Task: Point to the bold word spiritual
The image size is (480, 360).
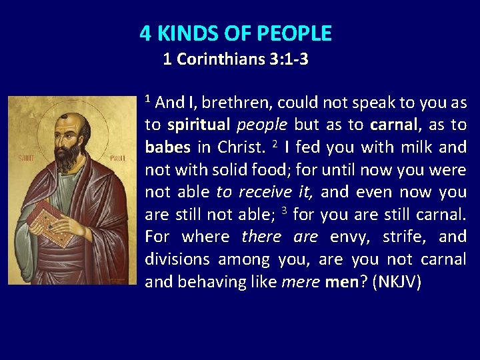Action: pyautogui.click(x=199, y=125)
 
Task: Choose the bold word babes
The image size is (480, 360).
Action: pyautogui.click(x=167, y=147)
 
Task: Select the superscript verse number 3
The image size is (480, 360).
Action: pyautogui.click(x=284, y=211)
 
